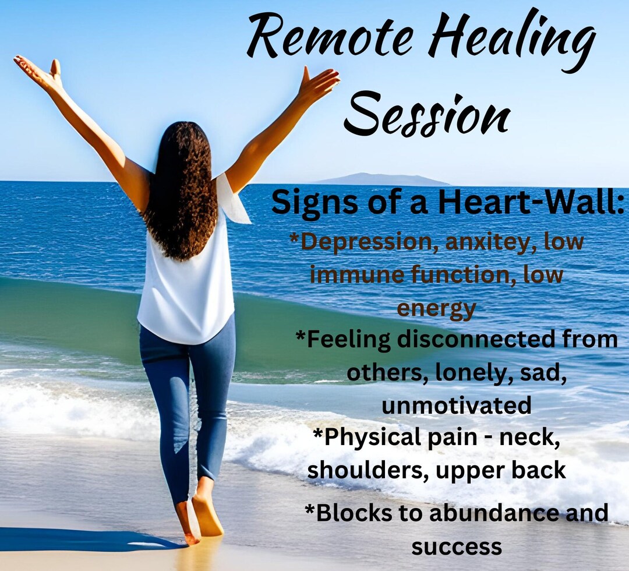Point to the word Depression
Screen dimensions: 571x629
coord(365,242)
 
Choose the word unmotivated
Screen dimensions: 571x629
coord(456,404)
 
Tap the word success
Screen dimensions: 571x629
coord(457,547)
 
